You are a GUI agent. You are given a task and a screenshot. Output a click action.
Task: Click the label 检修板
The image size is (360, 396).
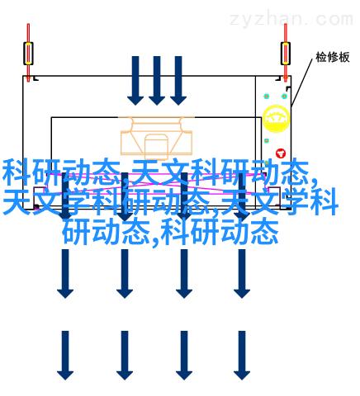coord(333,57)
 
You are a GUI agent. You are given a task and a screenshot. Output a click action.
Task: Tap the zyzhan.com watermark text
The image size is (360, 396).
coord(291,19)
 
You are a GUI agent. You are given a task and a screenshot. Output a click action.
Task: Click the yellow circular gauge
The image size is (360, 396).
coord(276,119)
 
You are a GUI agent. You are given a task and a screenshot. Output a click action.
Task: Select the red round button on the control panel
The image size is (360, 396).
coord(281,153)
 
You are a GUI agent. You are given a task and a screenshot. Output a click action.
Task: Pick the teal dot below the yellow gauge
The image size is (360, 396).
coord(267,141)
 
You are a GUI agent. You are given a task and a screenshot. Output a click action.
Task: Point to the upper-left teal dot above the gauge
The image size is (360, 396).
coord(266,97)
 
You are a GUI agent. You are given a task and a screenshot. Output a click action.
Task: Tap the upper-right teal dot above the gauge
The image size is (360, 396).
coord(284,97)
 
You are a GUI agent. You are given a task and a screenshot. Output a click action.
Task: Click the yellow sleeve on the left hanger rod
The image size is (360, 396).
coord(28,54)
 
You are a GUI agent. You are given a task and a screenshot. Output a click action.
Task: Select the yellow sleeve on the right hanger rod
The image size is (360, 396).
coord(286,54)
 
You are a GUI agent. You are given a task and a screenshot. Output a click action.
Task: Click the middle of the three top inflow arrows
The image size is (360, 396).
coord(157,81)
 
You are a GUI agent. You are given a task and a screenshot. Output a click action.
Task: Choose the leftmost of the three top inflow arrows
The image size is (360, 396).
coord(135,81)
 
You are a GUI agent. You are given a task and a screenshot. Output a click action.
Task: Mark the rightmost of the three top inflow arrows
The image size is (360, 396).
coord(178,81)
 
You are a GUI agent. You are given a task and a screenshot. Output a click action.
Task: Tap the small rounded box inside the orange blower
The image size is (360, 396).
coord(156,147)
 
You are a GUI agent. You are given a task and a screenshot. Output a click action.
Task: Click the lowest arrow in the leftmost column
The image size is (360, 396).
coord(65,356)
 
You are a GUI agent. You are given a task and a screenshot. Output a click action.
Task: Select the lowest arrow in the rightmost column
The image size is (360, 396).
coord(242,356)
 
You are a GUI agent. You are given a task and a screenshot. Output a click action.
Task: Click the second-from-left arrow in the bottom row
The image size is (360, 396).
coord(125,356)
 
